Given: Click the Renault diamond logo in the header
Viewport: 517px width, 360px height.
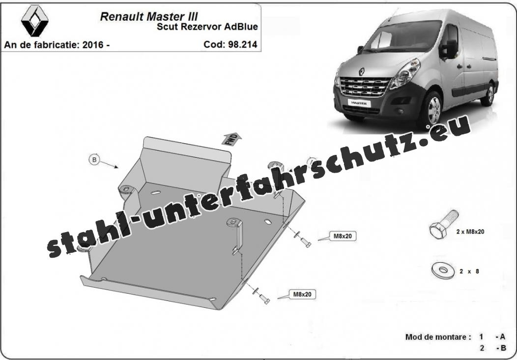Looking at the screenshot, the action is tap(34, 21).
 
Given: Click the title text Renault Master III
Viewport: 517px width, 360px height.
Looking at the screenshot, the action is tap(149, 17).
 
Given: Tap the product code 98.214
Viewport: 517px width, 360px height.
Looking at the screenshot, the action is tap(242, 44).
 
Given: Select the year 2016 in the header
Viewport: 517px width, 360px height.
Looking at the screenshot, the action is tap(93, 45).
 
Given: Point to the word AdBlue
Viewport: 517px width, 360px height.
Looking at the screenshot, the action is tap(241, 27).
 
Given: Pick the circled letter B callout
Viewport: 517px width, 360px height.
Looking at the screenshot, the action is tap(94, 160).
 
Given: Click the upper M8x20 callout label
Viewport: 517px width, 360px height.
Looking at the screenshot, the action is tap(343, 236).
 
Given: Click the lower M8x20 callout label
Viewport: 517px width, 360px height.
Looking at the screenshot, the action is tap(302, 294).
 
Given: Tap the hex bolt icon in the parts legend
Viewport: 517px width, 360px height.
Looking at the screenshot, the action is tap(443, 224).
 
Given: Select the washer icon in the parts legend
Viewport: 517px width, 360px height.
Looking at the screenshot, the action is tap(443, 270).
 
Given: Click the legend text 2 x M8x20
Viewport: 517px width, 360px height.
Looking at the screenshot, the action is tap(470, 232).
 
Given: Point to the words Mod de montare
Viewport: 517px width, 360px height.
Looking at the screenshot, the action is tap(436, 337).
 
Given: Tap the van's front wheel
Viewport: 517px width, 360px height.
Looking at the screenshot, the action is tap(432, 110).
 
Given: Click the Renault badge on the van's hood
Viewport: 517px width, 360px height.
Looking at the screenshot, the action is tap(361, 71).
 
